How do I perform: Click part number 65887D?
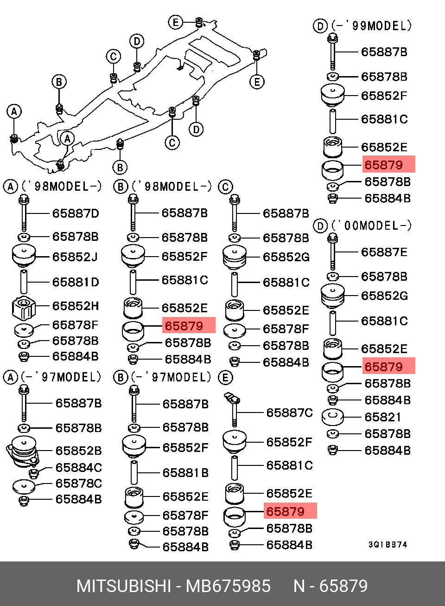(x=75, y=213)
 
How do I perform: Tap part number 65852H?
(x=75, y=306)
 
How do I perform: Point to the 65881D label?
(x=75, y=282)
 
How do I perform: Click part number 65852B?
(x=78, y=451)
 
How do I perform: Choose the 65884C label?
(x=78, y=468)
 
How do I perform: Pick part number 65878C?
(x=78, y=484)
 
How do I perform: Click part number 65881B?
(x=185, y=473)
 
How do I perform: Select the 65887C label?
(x=289, y=413)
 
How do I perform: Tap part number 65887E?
(x=384, y=252)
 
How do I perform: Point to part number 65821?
(x=382, y=417)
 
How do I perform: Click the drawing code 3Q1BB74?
(x=388, y=545)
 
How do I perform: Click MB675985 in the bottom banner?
(x=228, y=586)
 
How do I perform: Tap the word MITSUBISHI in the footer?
(x=124, y=586)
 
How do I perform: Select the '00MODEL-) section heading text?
(x=371, y=226)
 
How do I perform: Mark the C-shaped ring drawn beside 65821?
(x=332, y=416)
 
